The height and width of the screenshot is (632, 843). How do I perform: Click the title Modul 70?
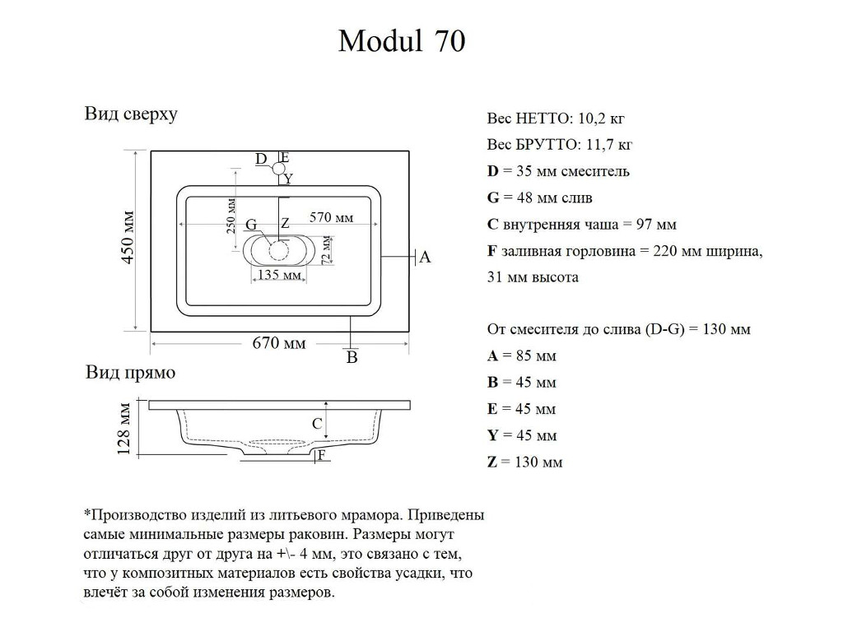click(402, 41)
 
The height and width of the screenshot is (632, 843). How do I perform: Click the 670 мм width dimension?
click(278, 343)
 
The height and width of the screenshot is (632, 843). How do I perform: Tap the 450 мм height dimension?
click(128, 238)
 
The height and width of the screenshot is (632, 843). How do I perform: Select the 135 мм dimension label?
click(279, 275)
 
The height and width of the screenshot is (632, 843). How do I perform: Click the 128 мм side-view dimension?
click(124, 428)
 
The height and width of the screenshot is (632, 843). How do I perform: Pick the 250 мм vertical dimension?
click(231, 216)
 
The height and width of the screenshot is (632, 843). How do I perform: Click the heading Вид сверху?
click(131, 114)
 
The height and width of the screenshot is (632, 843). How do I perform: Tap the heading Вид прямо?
click(131, 373)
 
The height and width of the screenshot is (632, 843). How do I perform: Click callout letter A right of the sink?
click(425, 258)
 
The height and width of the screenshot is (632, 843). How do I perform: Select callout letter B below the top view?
click(352, 357)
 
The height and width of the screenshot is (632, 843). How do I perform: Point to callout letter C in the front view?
click(317, 425)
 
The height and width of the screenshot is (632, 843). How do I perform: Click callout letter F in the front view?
click(322, 454)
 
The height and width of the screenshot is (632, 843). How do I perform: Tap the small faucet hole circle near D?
click(277, 170)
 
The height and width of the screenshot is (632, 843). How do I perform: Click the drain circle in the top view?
click(279, 251)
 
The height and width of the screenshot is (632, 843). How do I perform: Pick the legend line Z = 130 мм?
click(524, 462)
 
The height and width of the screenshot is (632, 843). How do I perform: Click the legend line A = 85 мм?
click(522, 356)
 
